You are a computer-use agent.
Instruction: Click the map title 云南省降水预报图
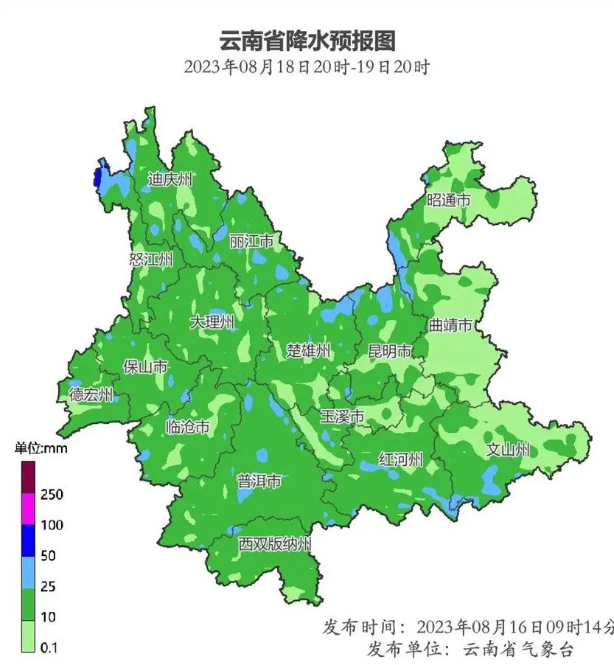tap(307, 40)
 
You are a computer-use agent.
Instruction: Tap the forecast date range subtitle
tap(307, 67)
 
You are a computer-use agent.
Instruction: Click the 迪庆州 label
tap(170, 179)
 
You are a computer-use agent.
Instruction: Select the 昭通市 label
tap(449, 200)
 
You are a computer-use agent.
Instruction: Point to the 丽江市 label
tap(251, 241)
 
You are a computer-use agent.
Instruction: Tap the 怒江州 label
tap(151, 259)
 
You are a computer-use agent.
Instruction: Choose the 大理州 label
tap(212, 322)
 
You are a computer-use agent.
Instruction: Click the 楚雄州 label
tap(308, 350)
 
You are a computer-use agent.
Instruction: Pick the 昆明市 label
tap(389, 351)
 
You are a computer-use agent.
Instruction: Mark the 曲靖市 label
tap(450, 325)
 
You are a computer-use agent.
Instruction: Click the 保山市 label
tap(145, 367)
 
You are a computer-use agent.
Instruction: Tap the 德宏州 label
tap(91, 394)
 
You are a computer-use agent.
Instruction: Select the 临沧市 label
tap(188, 426)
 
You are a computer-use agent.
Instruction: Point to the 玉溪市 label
tap(342, 417)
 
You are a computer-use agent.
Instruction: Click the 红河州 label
tap(401, 459)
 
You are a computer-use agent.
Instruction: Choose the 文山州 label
tap(509, 449)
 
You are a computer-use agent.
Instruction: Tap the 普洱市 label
tap(259, 482)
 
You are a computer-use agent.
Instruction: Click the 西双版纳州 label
tap(275, 545)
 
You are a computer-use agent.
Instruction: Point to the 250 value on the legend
tap(52, 495)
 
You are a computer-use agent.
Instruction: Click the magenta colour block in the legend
tap(29, 509)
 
